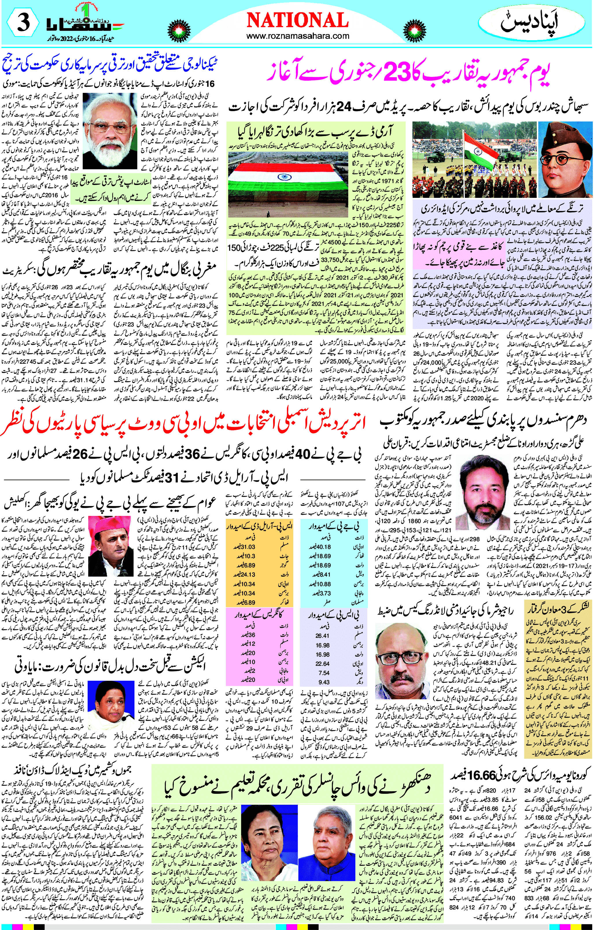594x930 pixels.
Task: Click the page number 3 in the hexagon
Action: [22, 24]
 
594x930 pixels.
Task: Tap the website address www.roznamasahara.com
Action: [297, 36]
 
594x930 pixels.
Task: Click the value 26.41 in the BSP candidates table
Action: [322, 636]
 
